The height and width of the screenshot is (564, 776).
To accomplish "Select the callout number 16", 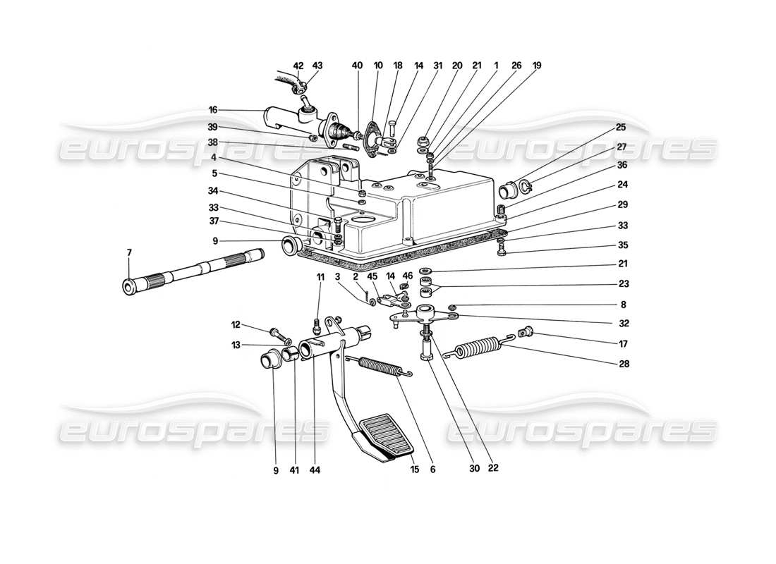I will pyautogui.click(x=212, y=110).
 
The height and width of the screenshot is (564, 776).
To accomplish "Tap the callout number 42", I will pyautogui.click(x=298, y=66).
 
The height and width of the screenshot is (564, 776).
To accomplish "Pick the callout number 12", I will pyautogui.click(x=235, y=325).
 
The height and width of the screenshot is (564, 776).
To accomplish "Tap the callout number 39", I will pyautogui.click(x=212, y=127).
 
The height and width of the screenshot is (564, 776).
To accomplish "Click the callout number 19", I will pyautogui.click(x=537, y=66).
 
